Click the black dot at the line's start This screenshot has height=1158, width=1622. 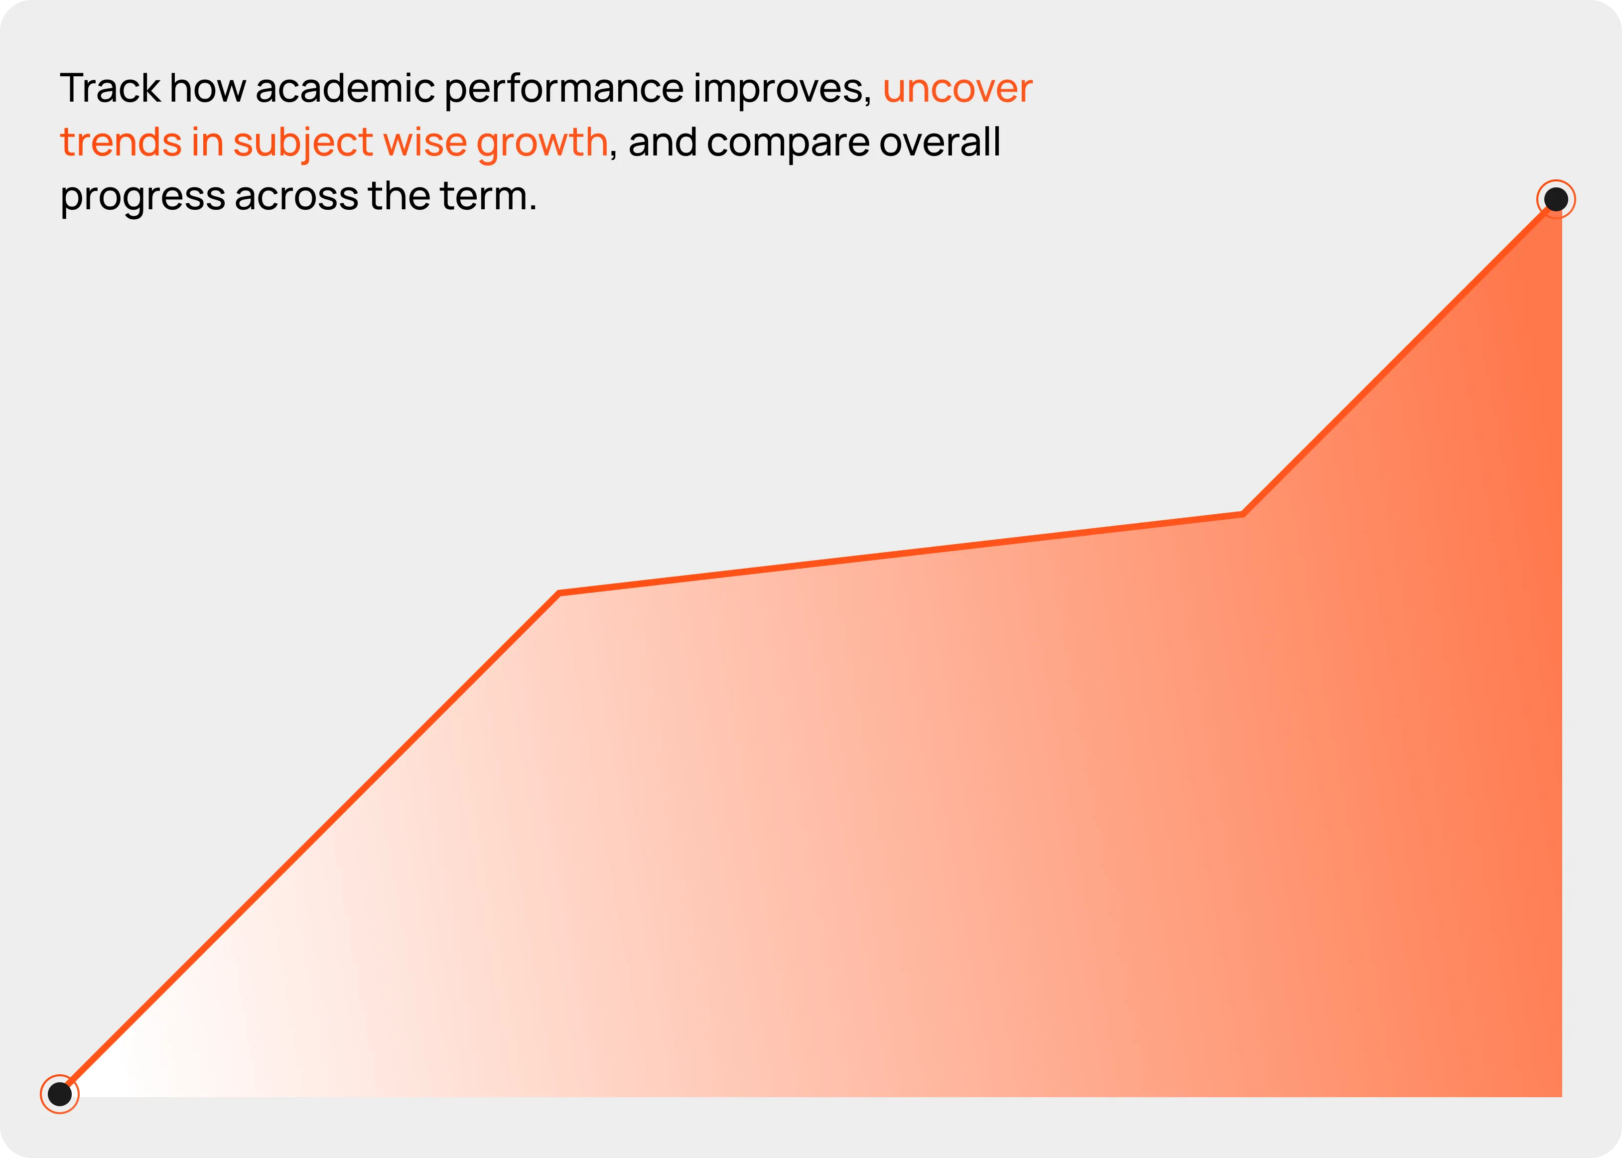[60, 1093]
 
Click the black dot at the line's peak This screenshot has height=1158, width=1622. [1556, 199]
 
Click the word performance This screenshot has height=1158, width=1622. [564, 90]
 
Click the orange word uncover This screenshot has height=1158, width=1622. [957, 90]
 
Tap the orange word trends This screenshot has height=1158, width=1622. [121, 142]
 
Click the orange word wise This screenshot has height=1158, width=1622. [424, 142]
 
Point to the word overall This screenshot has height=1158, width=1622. [940, 142]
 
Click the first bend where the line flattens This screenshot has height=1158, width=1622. [559, 592]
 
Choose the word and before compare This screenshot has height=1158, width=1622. [663, 142]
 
